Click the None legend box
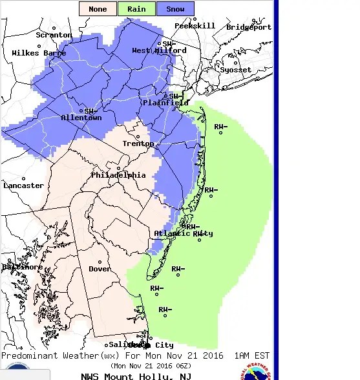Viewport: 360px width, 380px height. [98, 9]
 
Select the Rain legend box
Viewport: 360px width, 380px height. [136, 9]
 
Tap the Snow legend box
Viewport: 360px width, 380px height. [175, 9]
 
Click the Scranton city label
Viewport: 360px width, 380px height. [54, 35]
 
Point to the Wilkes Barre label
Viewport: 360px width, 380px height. [39, 53]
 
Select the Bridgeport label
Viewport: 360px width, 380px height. [249, 27]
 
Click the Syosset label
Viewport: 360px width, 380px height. [236, 70]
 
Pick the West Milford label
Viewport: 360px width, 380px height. [159, 50]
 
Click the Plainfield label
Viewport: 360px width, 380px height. [165, 103]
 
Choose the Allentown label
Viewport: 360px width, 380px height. [81, 118]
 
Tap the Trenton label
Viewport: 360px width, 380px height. [138, 144]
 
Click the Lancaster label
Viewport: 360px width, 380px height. [24, 185]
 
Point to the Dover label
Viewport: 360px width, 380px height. [100, 269]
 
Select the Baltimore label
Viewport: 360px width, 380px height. [22, 267]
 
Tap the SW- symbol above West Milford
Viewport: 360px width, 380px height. [169, 43]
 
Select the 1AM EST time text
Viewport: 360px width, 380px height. [251, 356]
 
